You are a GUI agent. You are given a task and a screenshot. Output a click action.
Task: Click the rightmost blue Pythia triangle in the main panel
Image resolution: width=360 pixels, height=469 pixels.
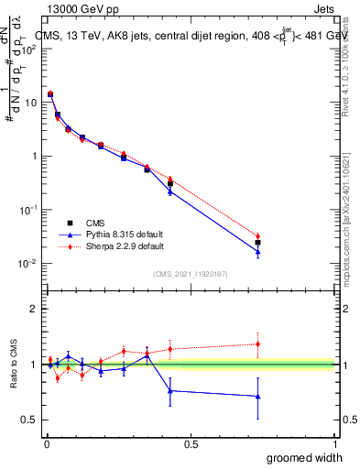click(x=257, y=252)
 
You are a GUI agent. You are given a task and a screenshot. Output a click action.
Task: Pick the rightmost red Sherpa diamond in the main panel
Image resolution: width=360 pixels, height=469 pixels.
click(x=257, y=236)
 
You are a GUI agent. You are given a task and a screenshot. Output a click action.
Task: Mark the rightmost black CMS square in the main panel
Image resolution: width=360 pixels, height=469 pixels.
click(x=257, y=243)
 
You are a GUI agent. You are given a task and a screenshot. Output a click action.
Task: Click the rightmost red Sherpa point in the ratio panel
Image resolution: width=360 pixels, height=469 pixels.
click(x=257, y=344)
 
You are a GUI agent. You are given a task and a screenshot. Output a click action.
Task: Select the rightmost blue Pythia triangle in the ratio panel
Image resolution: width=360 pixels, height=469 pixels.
click(x=257, y=397)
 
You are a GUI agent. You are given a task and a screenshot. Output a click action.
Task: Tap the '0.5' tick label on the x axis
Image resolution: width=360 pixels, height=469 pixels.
click(x=190, y=443)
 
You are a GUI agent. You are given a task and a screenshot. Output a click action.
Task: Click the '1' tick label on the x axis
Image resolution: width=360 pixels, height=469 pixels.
click(x=333, y=443)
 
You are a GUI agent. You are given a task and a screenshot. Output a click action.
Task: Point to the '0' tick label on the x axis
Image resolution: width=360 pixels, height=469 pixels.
click(x=47, y=443)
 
